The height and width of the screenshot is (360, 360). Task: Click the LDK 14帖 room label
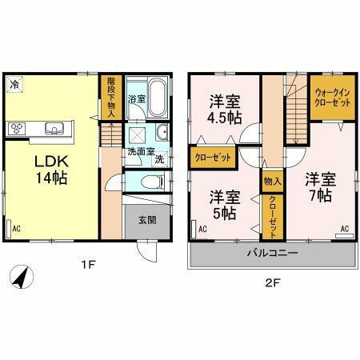(x=49, y=167)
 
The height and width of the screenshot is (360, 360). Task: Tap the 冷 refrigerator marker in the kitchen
(x=14, y=82)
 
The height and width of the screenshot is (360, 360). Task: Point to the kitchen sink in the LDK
(x=54, y=128)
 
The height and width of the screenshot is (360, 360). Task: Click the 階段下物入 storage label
(x=110, y=97)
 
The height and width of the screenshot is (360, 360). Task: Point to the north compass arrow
(x=22, y=279)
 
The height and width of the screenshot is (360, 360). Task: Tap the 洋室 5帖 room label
(x=224, y=205)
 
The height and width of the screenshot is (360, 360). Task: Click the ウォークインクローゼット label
(x=332, y=98)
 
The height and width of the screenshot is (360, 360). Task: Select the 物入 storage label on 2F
(x=270, y=182)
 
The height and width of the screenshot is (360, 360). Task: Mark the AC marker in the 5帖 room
(x=202, y=230)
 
